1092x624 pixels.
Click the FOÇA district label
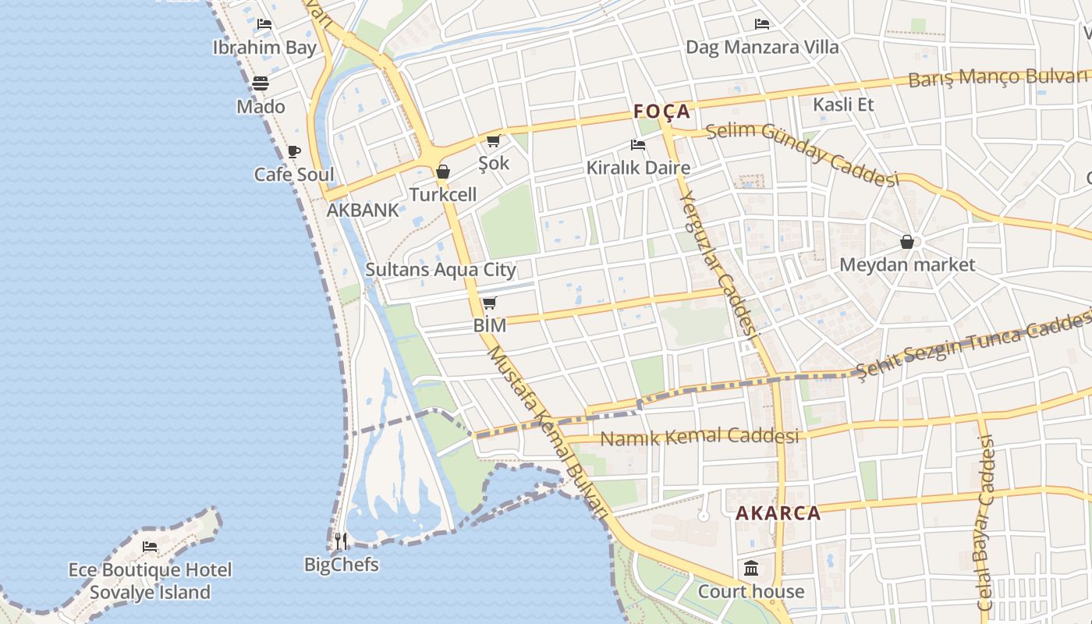[662, 112]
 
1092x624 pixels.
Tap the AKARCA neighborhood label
[778, 513]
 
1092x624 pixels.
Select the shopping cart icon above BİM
[489, 303]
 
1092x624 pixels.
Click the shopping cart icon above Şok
[493, 140]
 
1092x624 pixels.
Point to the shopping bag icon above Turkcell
[443, 172]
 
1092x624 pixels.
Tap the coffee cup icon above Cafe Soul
[294, 151]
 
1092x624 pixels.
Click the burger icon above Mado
[261, 83]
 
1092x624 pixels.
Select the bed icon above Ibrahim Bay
[264, 24]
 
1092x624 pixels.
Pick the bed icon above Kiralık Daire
[638, 145]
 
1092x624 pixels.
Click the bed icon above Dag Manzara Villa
[762, 24]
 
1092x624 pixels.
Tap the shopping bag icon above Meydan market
[907, 242]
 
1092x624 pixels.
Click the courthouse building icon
[751, 568]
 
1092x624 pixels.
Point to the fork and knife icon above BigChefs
[341, 541]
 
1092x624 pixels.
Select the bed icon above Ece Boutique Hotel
[150, 546]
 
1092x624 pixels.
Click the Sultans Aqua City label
[441, 270]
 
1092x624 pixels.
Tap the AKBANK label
[363, 210]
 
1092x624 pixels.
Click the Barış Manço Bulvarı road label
[998, 78]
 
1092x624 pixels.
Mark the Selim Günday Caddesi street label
[802, 154]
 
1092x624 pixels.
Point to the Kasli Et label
[843, 105]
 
